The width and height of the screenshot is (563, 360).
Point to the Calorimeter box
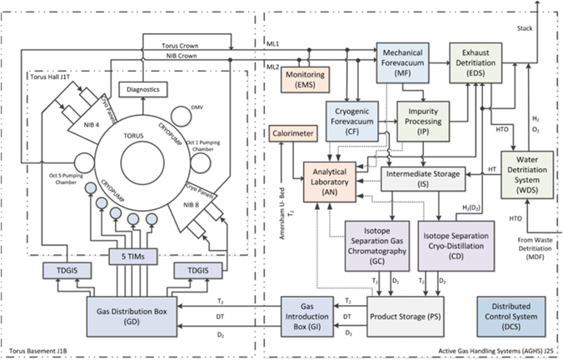click(292, 133)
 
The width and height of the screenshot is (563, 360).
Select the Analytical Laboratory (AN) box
click(330, 177)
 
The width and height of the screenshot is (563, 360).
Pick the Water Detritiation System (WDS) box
click(527, 174)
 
